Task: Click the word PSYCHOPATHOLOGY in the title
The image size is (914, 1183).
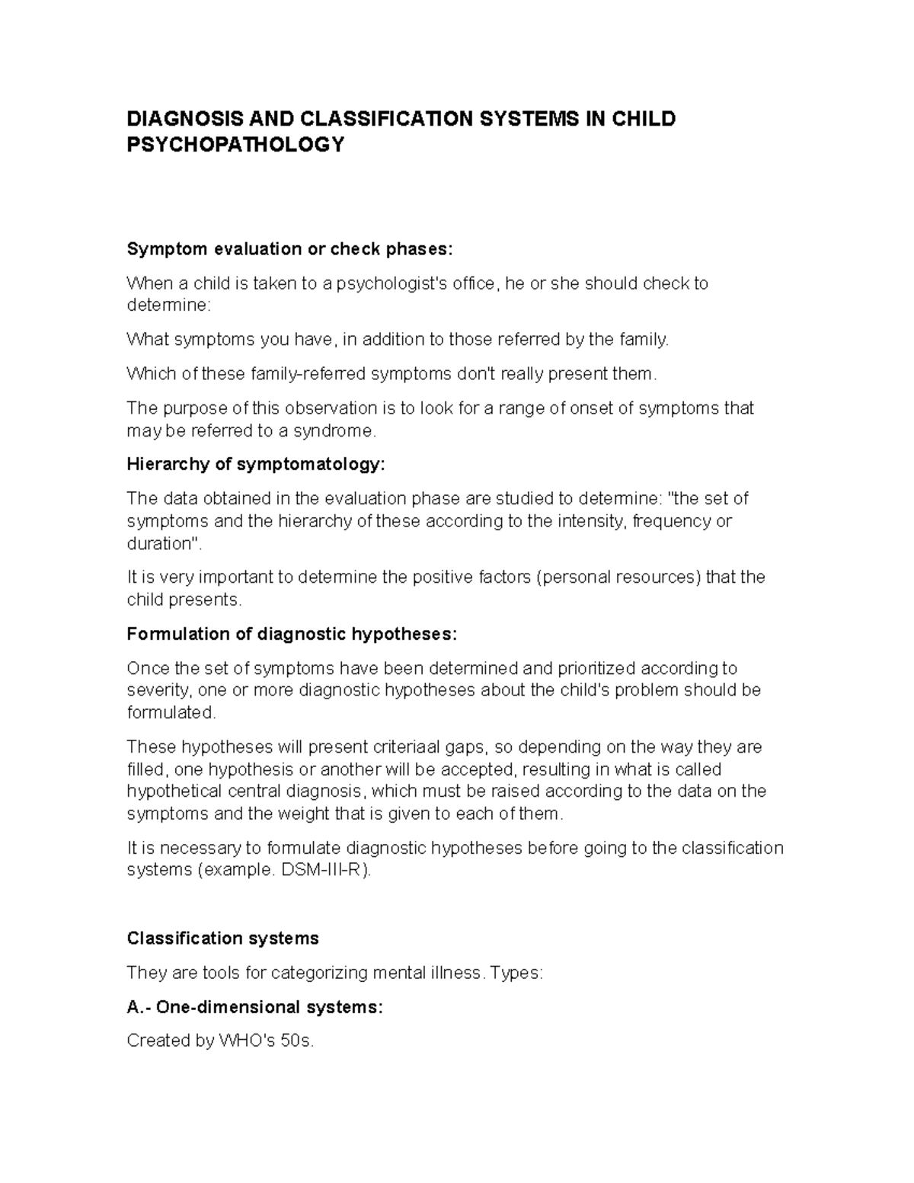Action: click(x=235, y=145)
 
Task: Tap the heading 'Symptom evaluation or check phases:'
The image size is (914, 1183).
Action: click(x=289, y=250)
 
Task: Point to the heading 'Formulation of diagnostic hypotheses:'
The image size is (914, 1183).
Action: click(x=292, y=635)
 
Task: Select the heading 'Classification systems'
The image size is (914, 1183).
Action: click(x=222, y=938)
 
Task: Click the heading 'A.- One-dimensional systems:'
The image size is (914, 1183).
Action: click(x=254, y=1007)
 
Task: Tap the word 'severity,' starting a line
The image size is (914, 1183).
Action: click(x=159, y=691)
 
